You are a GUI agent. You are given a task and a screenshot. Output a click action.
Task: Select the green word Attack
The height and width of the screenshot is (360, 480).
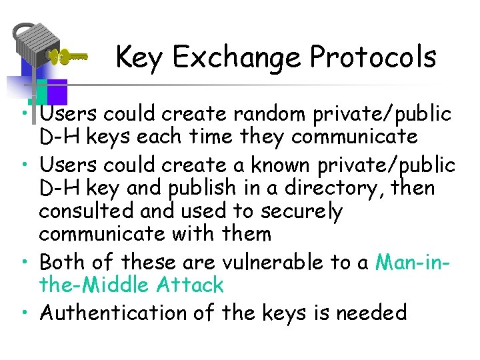pyautogui.click(x=192, y=285)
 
